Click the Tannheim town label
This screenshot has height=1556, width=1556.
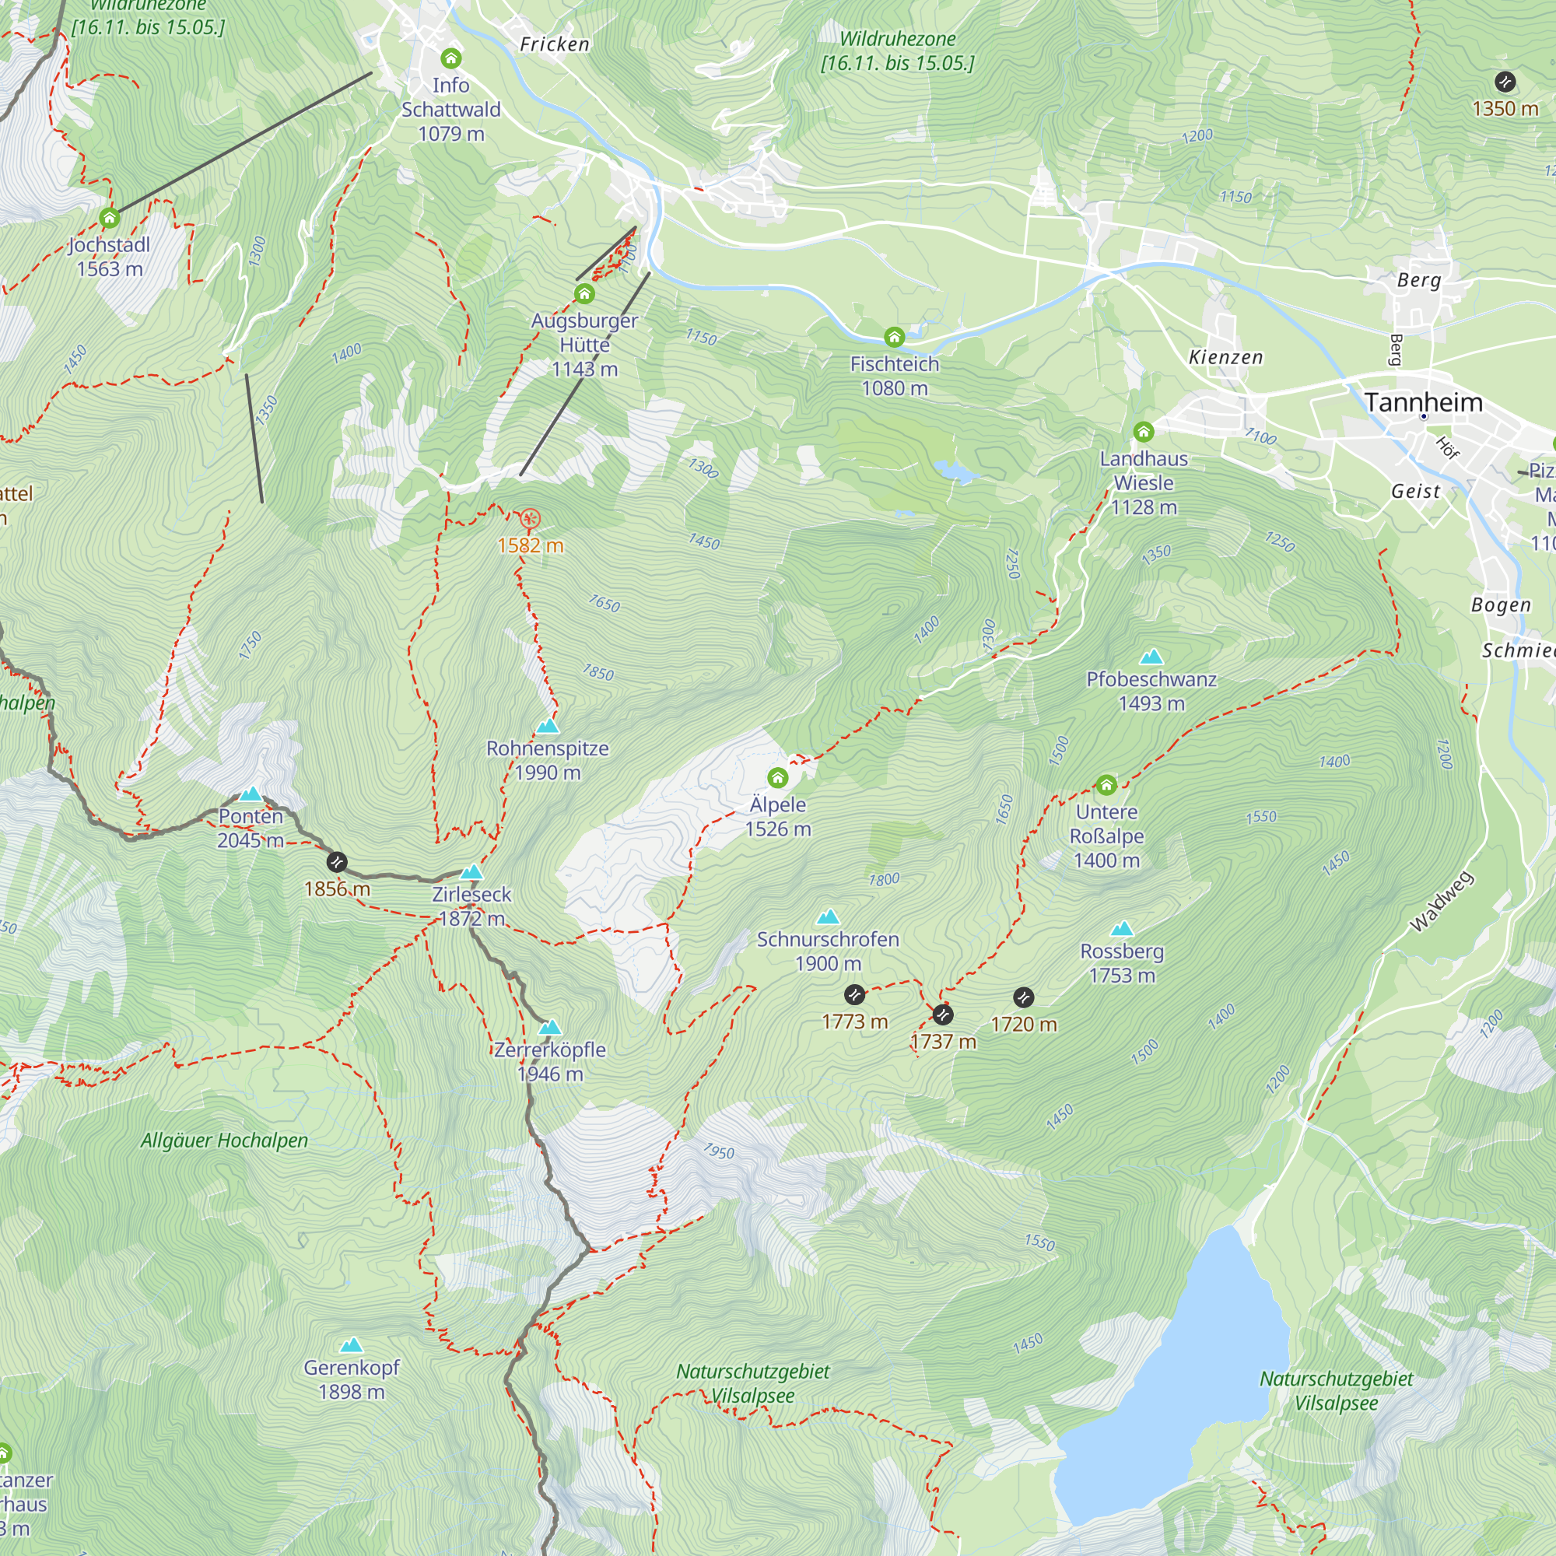[1423, 402]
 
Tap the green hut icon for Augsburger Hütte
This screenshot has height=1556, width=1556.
[585, 294]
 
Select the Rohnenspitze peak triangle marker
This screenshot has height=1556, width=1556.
[548, 727]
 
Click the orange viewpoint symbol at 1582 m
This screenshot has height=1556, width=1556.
[529, 519]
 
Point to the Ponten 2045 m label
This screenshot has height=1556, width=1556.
[251, 828]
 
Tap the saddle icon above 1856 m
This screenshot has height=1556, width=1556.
[337, 863]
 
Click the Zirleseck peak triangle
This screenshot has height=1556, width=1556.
[471, 872]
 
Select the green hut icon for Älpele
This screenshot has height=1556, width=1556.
[777, 778]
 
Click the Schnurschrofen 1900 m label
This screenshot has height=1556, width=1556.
[827, 951]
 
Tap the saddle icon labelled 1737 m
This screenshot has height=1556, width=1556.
[942, 1014]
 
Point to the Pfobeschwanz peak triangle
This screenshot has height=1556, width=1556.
[1151, 657]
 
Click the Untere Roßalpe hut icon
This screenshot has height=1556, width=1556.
[1106, 784]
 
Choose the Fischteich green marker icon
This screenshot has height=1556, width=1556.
[894, 337]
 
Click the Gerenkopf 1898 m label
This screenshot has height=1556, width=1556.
[351, 1379]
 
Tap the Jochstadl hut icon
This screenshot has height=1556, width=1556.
[110, 218]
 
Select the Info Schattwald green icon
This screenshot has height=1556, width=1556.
[451, 58]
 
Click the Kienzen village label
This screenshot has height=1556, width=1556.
[1226, 357]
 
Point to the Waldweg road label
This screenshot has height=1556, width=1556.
[1442, 902]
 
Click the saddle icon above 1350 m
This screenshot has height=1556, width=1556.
[1505, 82]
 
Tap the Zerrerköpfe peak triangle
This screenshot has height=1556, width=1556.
[550, 1028]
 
